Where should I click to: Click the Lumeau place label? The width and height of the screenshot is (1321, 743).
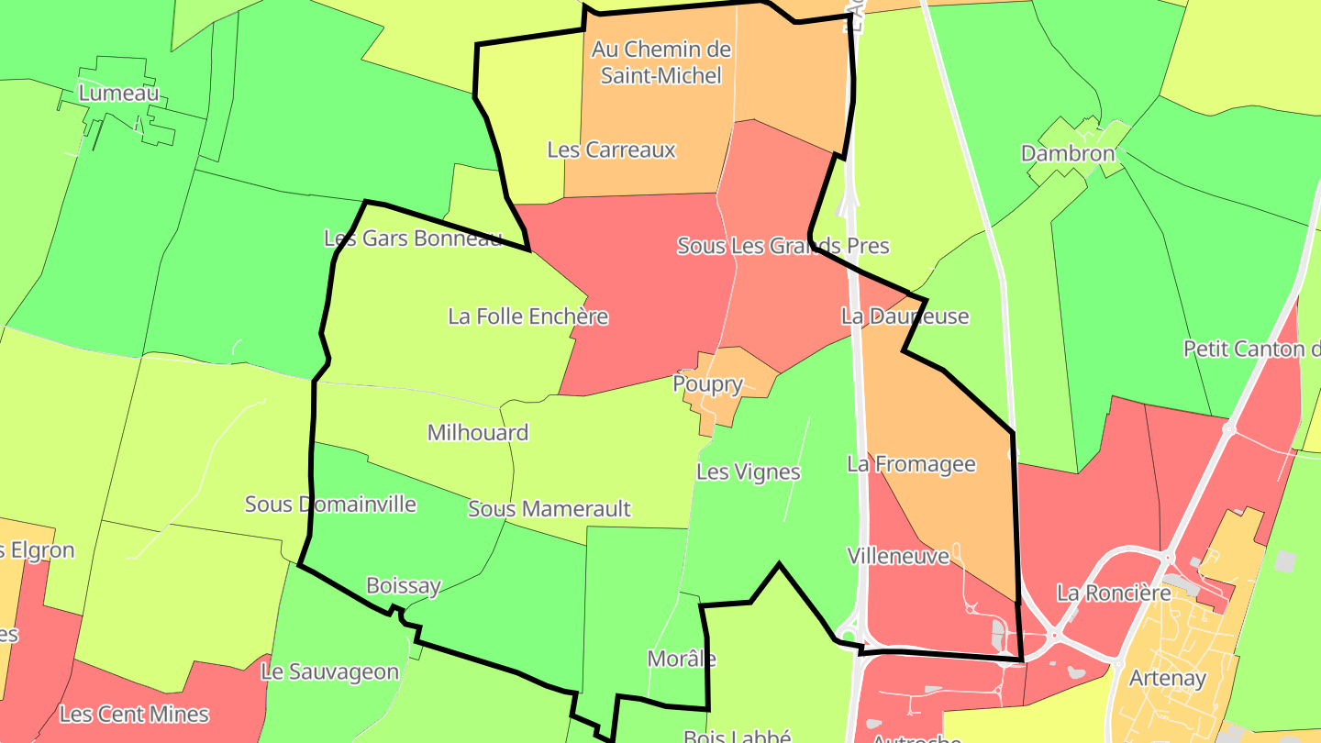tap(118, 93)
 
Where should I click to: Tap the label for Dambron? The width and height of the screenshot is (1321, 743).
tap(1068, 153)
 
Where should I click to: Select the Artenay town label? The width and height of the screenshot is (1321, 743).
tap(1167, 679)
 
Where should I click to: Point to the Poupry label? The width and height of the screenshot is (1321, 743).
tap(707, 383)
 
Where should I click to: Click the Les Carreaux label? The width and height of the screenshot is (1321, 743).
tap(611, 150)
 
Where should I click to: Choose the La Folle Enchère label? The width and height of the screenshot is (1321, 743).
tap(527, 316)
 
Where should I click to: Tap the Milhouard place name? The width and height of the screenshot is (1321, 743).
tap(478, 432)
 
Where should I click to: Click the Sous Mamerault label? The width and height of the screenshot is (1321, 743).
tap(549, 508)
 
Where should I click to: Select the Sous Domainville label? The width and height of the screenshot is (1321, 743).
tap(330, 504)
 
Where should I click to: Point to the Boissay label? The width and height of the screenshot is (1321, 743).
tap(404, 585)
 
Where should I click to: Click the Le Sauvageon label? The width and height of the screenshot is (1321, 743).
tap(330, 671)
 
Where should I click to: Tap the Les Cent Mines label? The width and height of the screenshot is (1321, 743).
tap(134, 714)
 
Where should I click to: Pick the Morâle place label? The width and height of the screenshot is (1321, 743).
tap(682, 659)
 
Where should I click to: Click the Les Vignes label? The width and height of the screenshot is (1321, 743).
tap(749, 472)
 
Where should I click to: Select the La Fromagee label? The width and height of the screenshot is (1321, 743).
tap(911, 464)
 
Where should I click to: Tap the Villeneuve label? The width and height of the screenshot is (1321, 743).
tap(898, 556)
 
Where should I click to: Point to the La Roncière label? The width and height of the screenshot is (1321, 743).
tap(1114, 593)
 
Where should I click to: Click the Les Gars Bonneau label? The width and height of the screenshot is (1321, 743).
tap(413, 238)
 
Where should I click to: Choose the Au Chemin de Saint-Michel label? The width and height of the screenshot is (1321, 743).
tap(660, 61)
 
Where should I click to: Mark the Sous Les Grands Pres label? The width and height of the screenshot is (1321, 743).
tap(783, 246)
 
